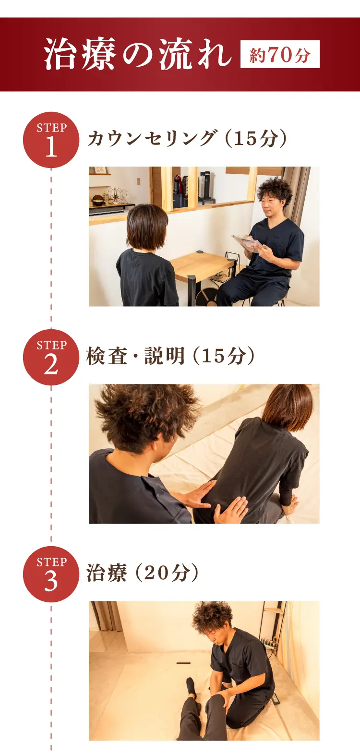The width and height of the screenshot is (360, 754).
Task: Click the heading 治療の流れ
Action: click(138, 54)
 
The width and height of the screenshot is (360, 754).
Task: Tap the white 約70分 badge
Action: click(280, 54)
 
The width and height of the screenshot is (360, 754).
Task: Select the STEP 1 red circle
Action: click(51, 140)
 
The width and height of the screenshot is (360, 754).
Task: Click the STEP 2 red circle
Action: click(51, 357)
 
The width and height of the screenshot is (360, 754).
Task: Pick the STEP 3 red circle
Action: click(51, 574)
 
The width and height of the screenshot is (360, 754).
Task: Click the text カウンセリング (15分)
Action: click(187, 138)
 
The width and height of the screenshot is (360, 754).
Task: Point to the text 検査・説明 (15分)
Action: click(171, 356)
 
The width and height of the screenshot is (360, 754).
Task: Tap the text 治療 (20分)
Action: click(143, 573)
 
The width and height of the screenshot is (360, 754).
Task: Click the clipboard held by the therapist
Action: click(248, 243)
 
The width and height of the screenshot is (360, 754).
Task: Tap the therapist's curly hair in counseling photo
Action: click(275, 192)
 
